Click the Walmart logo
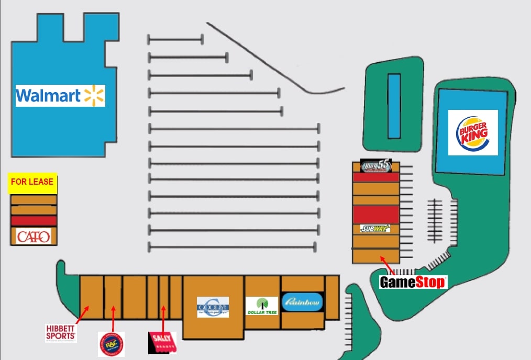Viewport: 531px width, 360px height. (x=60, y=96)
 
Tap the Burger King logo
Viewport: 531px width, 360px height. (x=473, y=132)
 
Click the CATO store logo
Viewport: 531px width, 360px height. (x=34, y=237)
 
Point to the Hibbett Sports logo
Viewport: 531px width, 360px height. (x=61, y=332)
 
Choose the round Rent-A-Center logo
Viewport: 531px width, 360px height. (x=111, y=344)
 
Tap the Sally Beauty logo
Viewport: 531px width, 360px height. (x=162, y=343)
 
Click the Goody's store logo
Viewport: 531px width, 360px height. (x=213, y=307)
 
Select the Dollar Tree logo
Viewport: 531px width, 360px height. (x=262, y=306)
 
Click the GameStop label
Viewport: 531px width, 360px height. (x=413, y=283)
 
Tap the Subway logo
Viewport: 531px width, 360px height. (x=375, y=229)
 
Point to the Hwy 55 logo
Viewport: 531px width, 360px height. (x=376, y=166)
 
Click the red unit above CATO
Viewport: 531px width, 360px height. (x=34, y=221)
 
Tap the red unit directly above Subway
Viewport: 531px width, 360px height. (x=375, y=214)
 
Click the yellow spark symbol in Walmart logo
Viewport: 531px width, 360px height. (x=94, y=96)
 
